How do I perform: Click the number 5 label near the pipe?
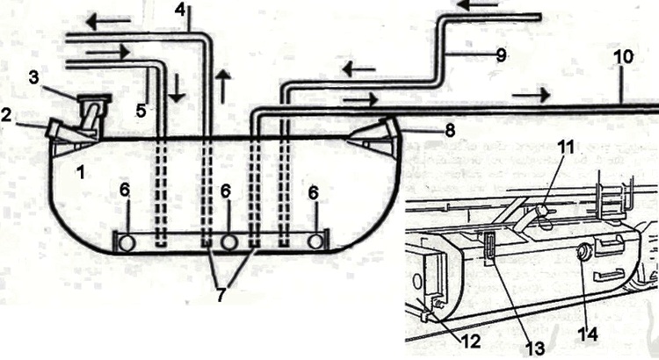click(141, 111)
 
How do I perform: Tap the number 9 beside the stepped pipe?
click(502, 55)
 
